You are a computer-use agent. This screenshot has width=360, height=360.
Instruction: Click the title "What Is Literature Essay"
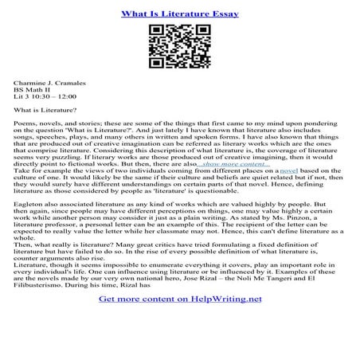(x=179, y=14)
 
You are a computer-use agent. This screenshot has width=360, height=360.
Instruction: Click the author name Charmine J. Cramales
(x=49, y=82)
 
